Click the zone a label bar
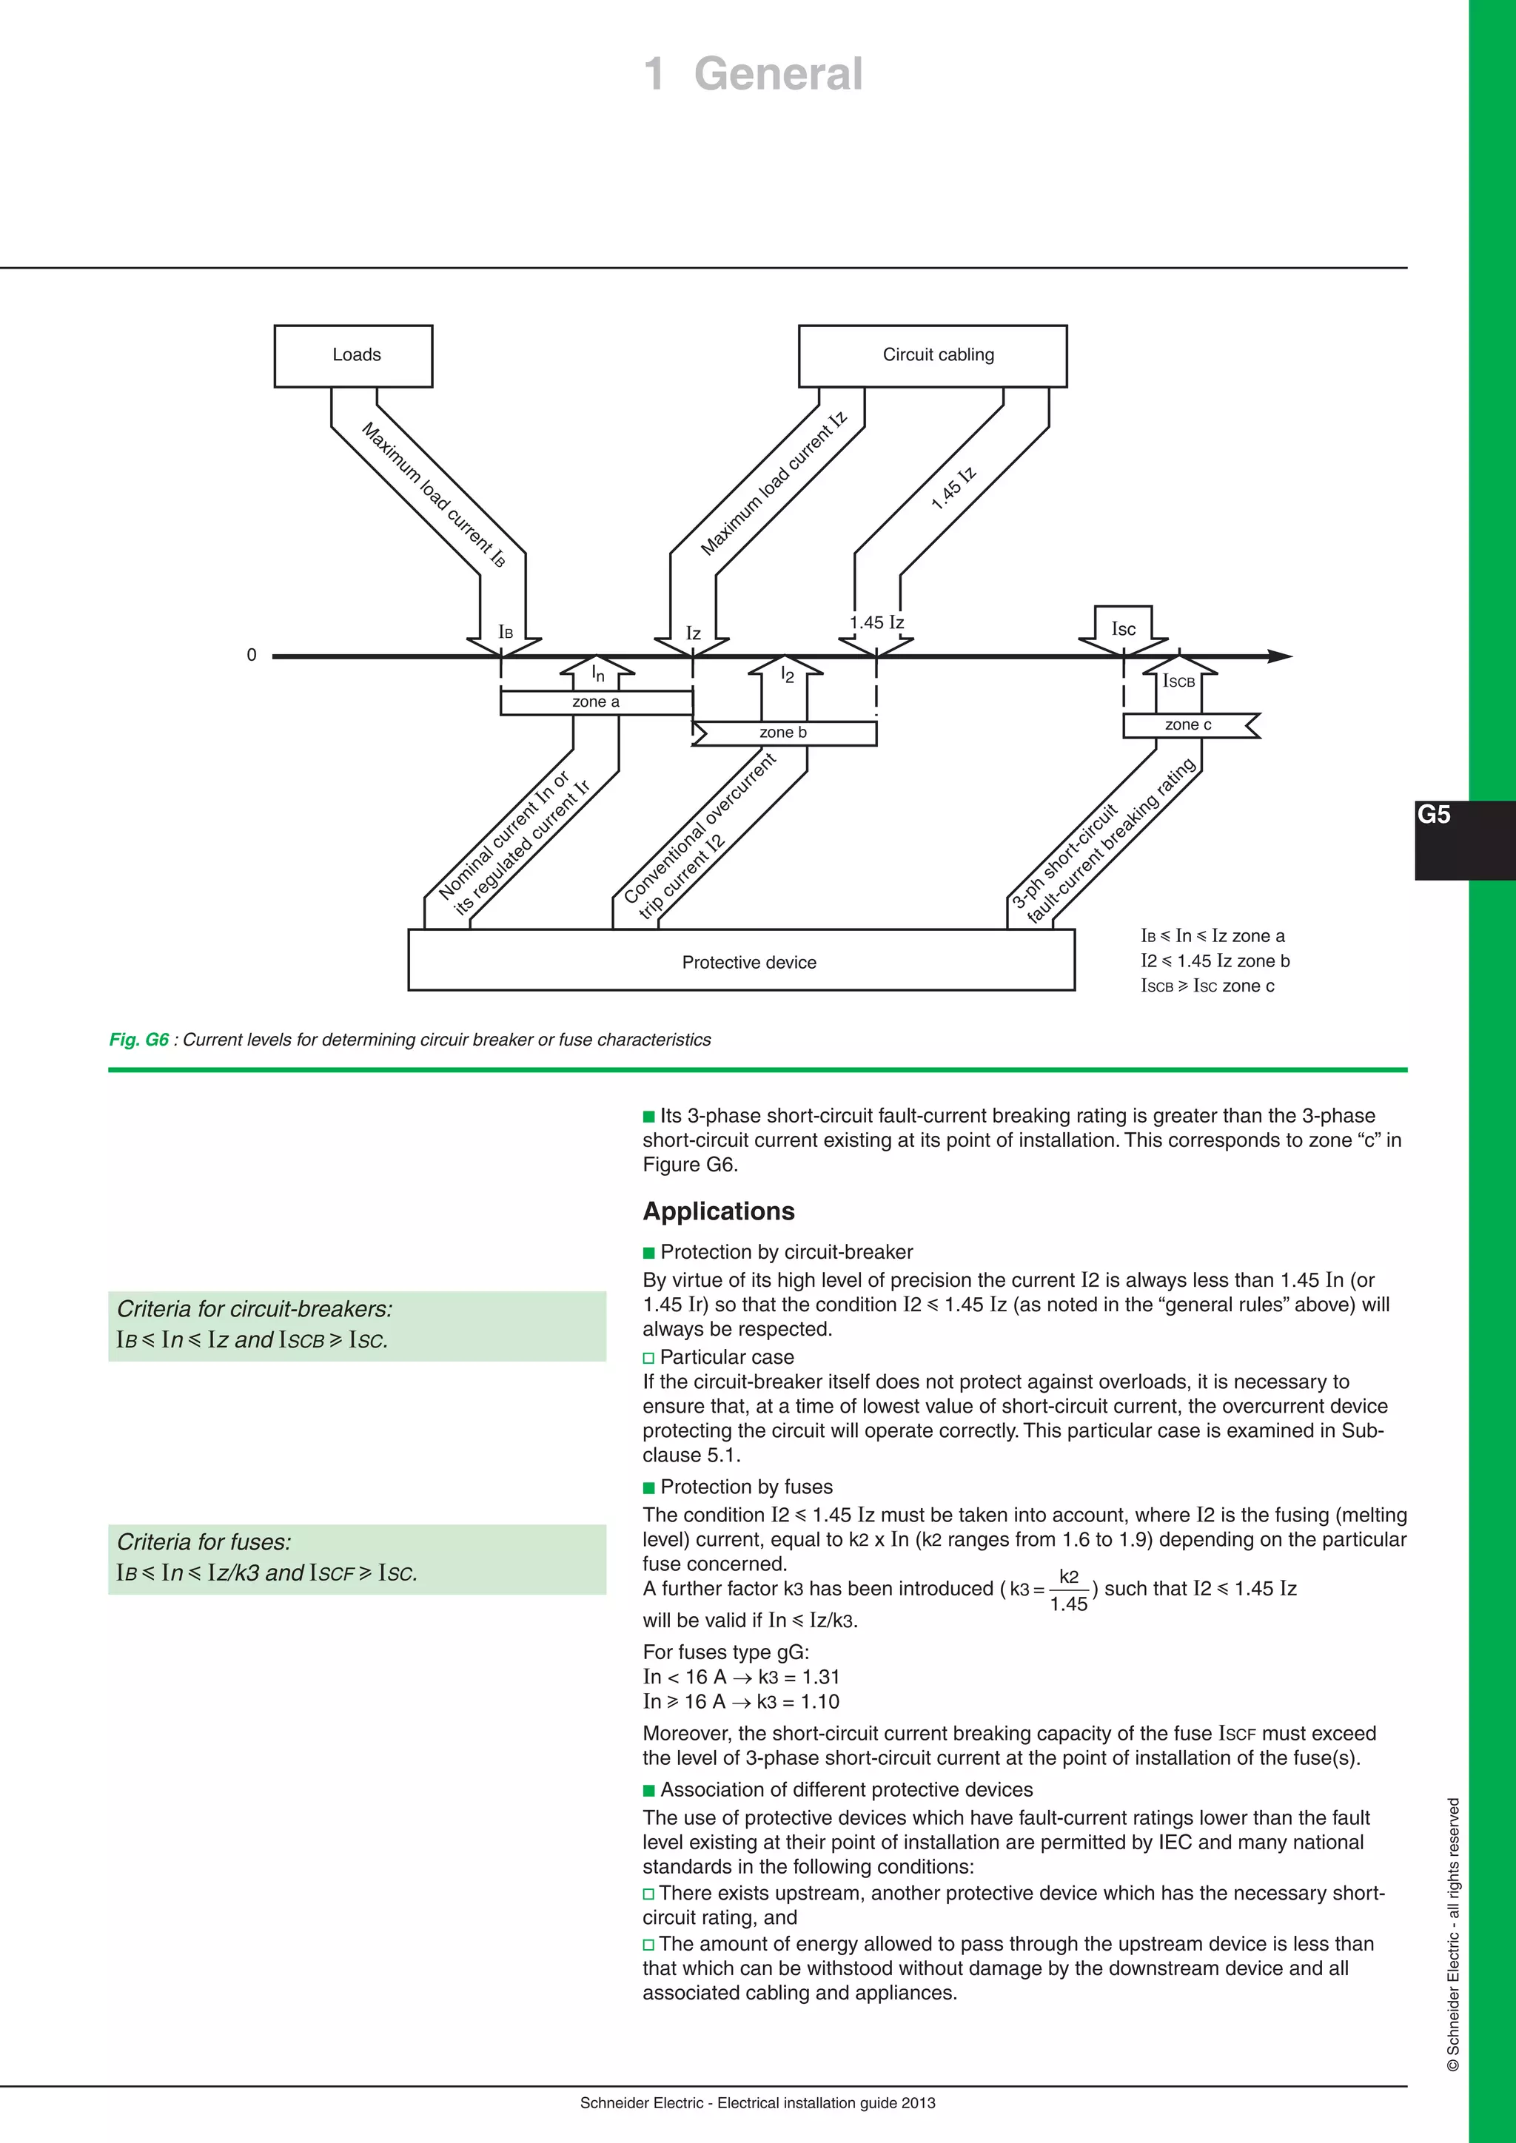pyautogui.click(x=596, y=702)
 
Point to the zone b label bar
pyautogui.click(x=783, y=733)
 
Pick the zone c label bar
pyautogui.click(x=1187, y=725)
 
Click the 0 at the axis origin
pyautogui.click(x=251, y=655)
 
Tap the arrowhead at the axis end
pyautogui.click(x=1280, y=656)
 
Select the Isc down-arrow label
pyautogui.click(x=1123, y=629)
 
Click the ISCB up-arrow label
pyautogui.click(x=1179, y=682)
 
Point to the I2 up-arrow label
pyautogui.click(x=786, y=675)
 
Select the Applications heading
pyautogui.click(x=718, y=1211)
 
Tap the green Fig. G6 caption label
pyautogui.click(x=139, y=1040)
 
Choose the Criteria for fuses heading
pyautogui.click(x=204, y=1542)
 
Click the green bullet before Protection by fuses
pyautogui.click(x=648, y=1488)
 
